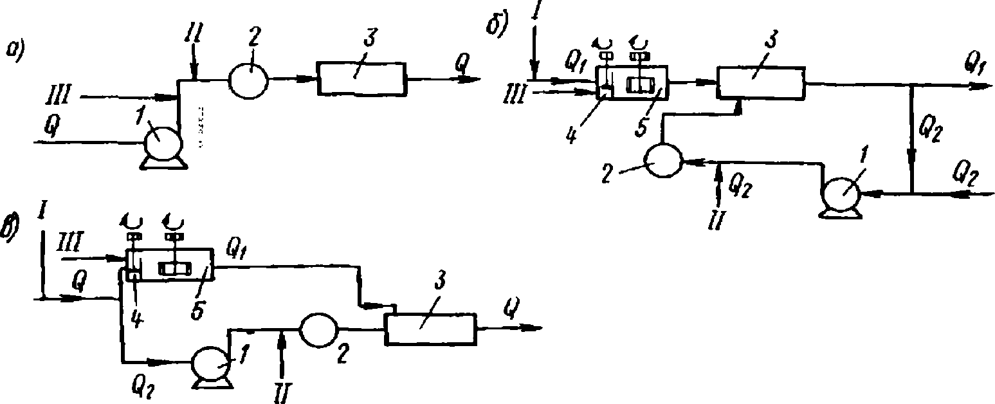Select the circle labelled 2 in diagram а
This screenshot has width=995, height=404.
click(249, 80)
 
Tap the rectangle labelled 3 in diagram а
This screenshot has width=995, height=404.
click(361, 80)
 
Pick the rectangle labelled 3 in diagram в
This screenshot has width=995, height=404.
click(430, 331)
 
